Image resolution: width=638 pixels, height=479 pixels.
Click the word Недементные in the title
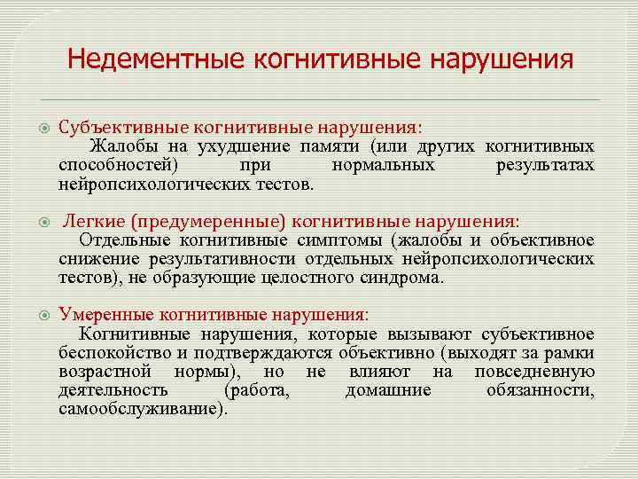[x=157, y=61]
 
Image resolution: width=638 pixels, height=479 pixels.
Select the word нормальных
[x=383, y=166]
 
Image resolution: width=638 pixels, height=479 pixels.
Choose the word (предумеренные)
[x=206, y=220]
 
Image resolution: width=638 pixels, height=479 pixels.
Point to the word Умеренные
[x=105, y=315]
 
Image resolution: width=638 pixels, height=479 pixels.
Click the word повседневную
[x=534, y=372]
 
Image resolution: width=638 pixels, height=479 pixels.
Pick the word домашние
[x=388, y=391]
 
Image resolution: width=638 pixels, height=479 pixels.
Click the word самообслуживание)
[x=143, y=410]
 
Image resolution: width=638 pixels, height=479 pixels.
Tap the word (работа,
[x=257, y=391]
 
